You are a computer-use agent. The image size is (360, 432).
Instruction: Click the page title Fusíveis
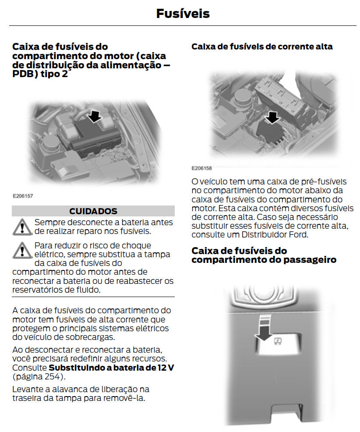click(183, 14)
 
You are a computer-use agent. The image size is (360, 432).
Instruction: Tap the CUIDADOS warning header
click(93, 211)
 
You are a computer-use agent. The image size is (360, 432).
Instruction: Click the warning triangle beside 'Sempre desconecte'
click(22, 227)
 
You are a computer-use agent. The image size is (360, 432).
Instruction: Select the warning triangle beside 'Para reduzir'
click(22, 250)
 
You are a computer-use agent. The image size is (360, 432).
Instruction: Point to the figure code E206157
click(23, 196)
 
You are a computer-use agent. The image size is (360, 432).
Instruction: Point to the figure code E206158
click(201, 168)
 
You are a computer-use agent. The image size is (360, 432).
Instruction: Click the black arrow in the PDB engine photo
click(95, 116)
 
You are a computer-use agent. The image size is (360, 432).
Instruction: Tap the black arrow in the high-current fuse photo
click(272, 118)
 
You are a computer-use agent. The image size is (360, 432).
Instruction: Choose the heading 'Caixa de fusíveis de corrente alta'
click(262, 46)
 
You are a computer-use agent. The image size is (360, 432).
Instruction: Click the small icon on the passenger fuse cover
click(277, 342)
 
